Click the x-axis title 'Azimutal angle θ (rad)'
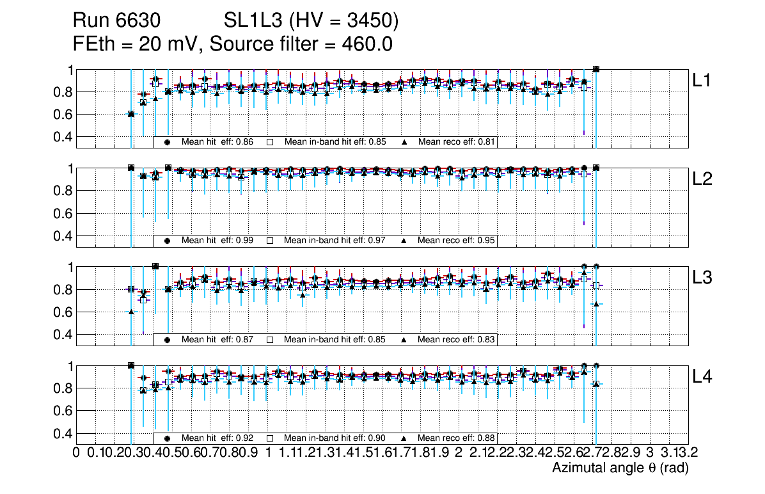point(620,468)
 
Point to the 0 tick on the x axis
point(76,453)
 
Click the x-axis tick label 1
point(268,453)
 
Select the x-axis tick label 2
point(459,453)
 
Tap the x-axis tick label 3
point(649,453)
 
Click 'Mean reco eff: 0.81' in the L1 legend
point(457,142)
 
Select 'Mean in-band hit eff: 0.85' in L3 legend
point(335,339)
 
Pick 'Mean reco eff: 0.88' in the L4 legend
point(457,438)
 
